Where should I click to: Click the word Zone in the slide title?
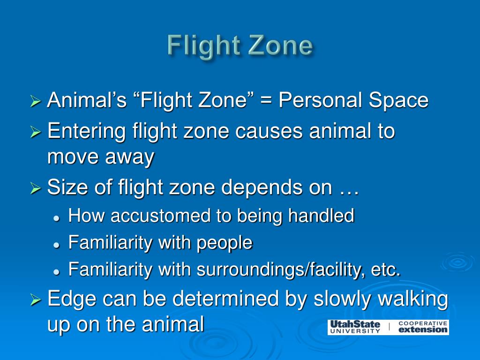[x=280, y=46]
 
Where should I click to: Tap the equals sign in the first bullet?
[x=268, y=100]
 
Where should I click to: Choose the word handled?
[x=321, y=216]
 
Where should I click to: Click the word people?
[x=224, y=243]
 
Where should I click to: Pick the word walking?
[x=413, y=299]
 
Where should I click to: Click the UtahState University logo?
[x=355, y=327]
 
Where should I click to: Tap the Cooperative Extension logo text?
[x=422, y=327]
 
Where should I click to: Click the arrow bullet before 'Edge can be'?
[x=36, y=300]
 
